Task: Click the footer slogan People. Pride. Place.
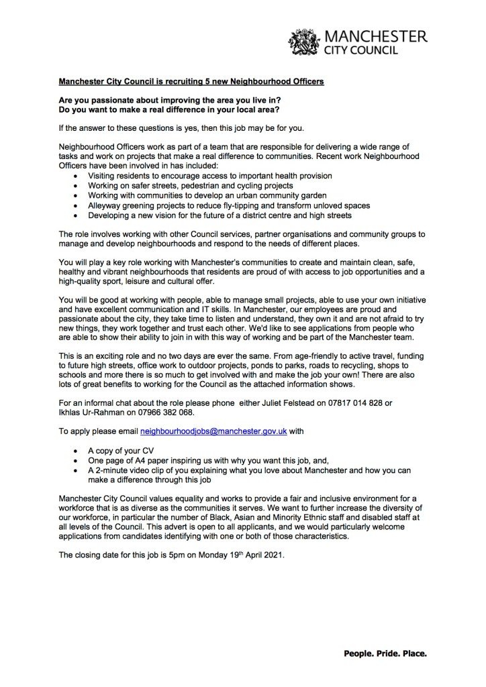tap(385, 652)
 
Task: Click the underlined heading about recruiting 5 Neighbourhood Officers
tap(191, 82)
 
